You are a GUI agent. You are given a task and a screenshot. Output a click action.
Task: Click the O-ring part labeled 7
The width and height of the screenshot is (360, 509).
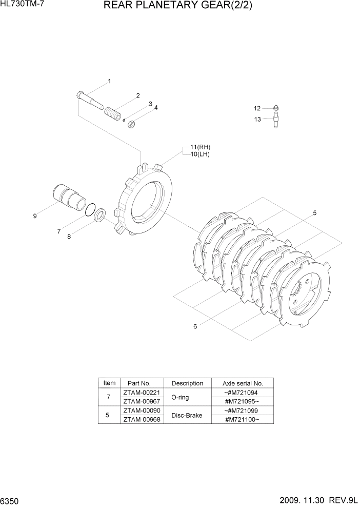[90, 210]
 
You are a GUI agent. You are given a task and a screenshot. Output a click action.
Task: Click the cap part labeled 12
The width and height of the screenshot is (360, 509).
[275, 108]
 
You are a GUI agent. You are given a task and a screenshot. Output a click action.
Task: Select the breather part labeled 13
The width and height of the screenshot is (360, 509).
[275, 122]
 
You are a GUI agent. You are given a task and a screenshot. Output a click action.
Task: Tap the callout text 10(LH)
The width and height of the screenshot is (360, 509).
[200, 154]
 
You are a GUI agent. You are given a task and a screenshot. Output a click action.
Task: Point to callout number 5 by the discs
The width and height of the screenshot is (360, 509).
[314, 212]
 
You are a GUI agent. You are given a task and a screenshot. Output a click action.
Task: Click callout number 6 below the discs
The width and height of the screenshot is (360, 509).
[195, 326]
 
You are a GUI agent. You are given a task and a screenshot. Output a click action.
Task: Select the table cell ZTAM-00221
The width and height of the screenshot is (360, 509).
[141, 393]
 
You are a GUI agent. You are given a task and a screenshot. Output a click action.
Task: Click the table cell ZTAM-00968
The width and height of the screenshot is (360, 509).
[141, 419]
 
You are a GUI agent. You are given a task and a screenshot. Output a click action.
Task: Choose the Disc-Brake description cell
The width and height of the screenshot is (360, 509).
[187, 415]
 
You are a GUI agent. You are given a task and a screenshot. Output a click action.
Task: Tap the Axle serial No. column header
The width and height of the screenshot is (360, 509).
[243, 383]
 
